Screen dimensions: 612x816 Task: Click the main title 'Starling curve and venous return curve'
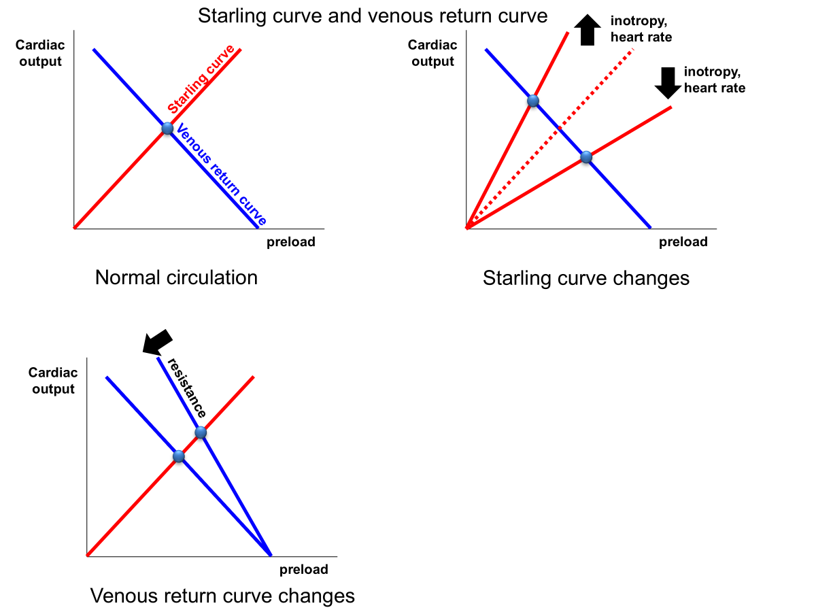pos(373,15)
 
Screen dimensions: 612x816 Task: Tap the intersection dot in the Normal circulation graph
pos(167,128)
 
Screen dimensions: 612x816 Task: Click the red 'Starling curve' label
pos(202,79)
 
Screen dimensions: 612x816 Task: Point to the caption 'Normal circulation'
pos(176,277)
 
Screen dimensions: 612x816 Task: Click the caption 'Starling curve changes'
pos(585,277)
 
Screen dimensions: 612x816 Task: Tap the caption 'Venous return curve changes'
pos(222,596)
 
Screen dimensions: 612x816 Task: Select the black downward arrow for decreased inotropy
pos(668,82)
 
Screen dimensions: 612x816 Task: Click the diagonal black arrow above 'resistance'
pos(156,341)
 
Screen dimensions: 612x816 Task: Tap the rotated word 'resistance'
pos(187,388)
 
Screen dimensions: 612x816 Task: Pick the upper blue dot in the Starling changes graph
pos(533,101)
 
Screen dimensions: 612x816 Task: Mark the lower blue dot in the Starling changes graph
pos(586,158)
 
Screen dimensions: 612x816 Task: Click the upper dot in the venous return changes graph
pos(201,432)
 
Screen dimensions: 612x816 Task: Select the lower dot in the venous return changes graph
pos(179,456)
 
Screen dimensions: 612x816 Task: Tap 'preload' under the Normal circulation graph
pos(290,242)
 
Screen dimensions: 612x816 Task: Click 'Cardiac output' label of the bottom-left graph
pos(52,381)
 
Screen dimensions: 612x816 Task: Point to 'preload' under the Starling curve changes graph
pos(683,242)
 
